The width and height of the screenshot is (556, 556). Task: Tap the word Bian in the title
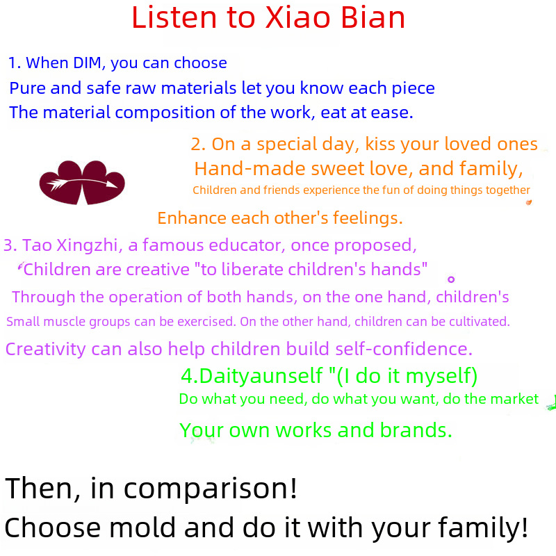373,18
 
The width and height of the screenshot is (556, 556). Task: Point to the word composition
165,113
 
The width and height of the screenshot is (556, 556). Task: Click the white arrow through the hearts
82,183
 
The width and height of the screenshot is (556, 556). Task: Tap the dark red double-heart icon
82,183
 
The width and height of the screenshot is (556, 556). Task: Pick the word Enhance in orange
192,218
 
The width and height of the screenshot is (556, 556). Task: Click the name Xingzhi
88,246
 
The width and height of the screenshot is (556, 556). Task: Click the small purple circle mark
451,279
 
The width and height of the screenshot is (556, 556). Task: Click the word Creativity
45,350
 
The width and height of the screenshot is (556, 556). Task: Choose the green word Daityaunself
261,376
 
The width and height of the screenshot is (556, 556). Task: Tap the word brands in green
416,430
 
